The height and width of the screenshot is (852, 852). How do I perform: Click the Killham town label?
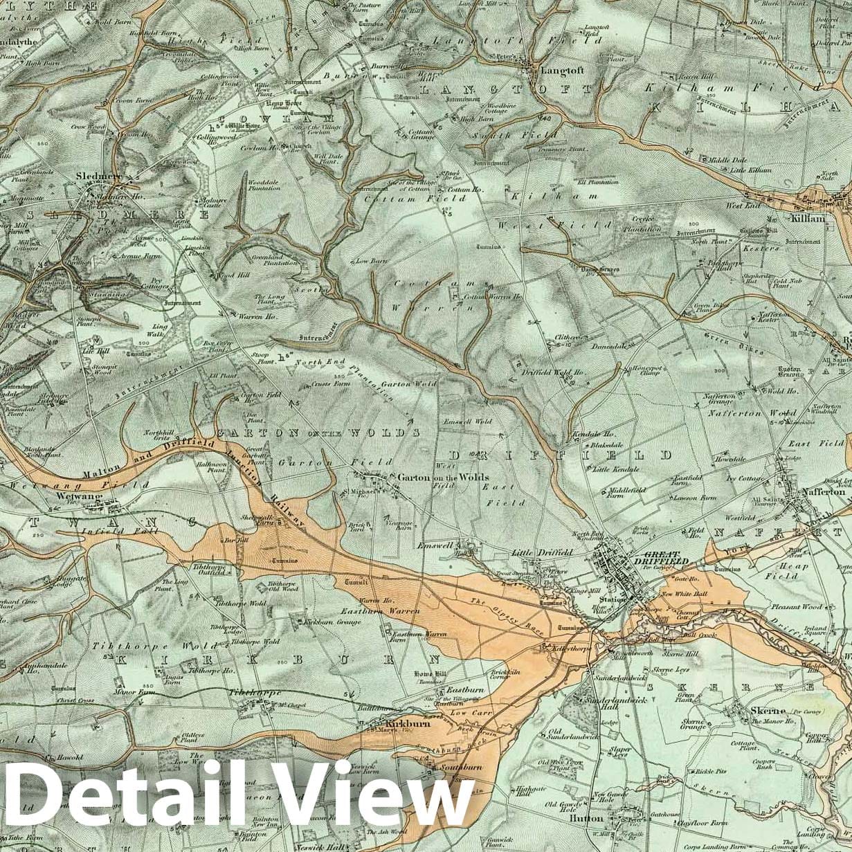(x=810, y=218)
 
